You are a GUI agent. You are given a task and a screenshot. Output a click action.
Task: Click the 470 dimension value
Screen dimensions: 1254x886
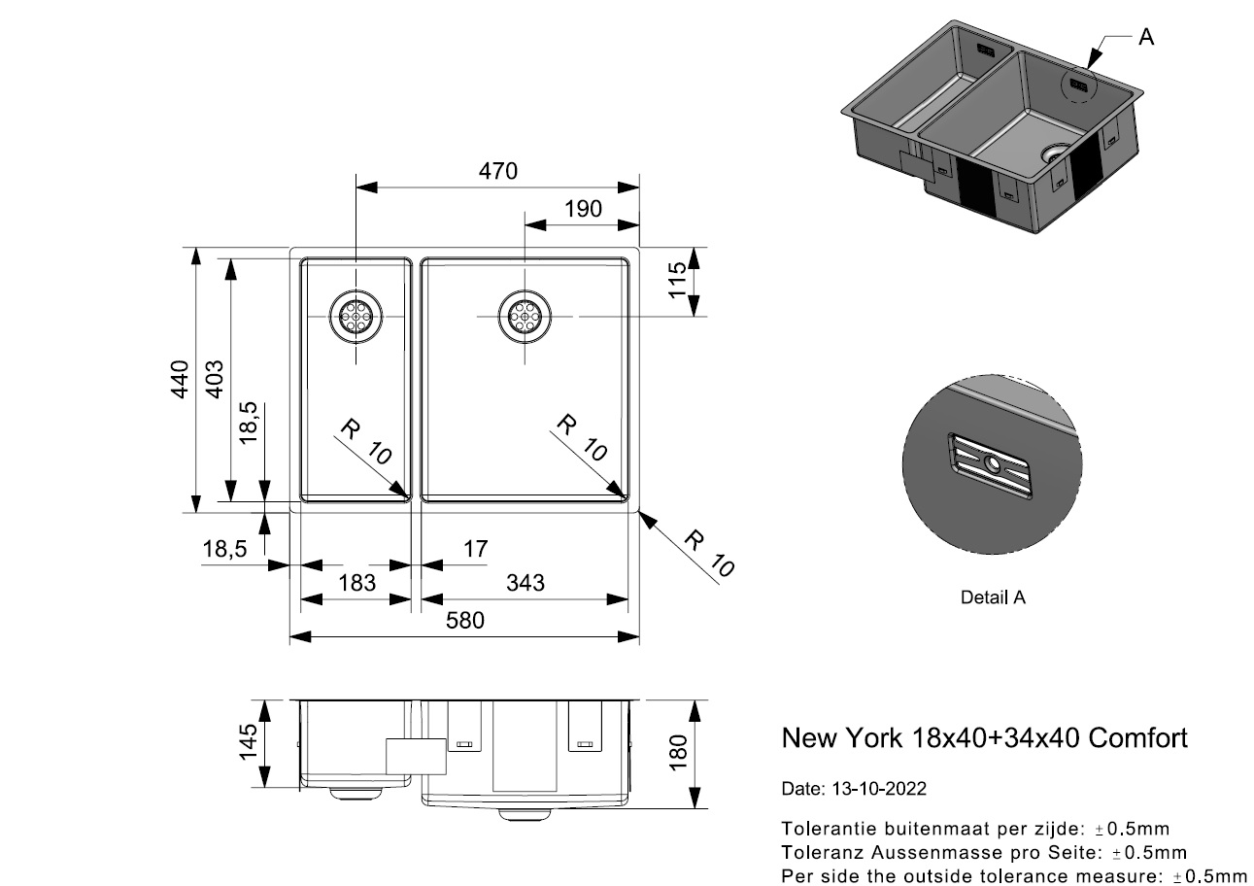(497, 171)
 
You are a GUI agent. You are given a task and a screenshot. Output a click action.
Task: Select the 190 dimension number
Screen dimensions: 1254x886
(583, 209)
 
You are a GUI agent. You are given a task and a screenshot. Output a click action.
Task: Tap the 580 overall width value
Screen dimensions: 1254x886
(464, 621)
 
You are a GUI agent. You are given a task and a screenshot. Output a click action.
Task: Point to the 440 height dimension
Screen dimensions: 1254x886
(181, 379)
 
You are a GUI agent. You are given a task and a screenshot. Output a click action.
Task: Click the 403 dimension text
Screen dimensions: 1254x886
(215, 379)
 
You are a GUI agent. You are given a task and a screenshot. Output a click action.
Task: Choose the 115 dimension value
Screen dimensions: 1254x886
(677, 280)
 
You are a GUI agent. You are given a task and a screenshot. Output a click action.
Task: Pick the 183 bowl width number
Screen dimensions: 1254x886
(356, 583)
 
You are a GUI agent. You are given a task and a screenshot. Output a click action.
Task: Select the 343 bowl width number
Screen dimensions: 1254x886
(525, 583)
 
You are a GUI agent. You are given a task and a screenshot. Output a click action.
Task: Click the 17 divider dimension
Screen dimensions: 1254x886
(475, 549)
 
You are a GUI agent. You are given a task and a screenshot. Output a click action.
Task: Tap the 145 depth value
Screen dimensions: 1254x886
(248, 742)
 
